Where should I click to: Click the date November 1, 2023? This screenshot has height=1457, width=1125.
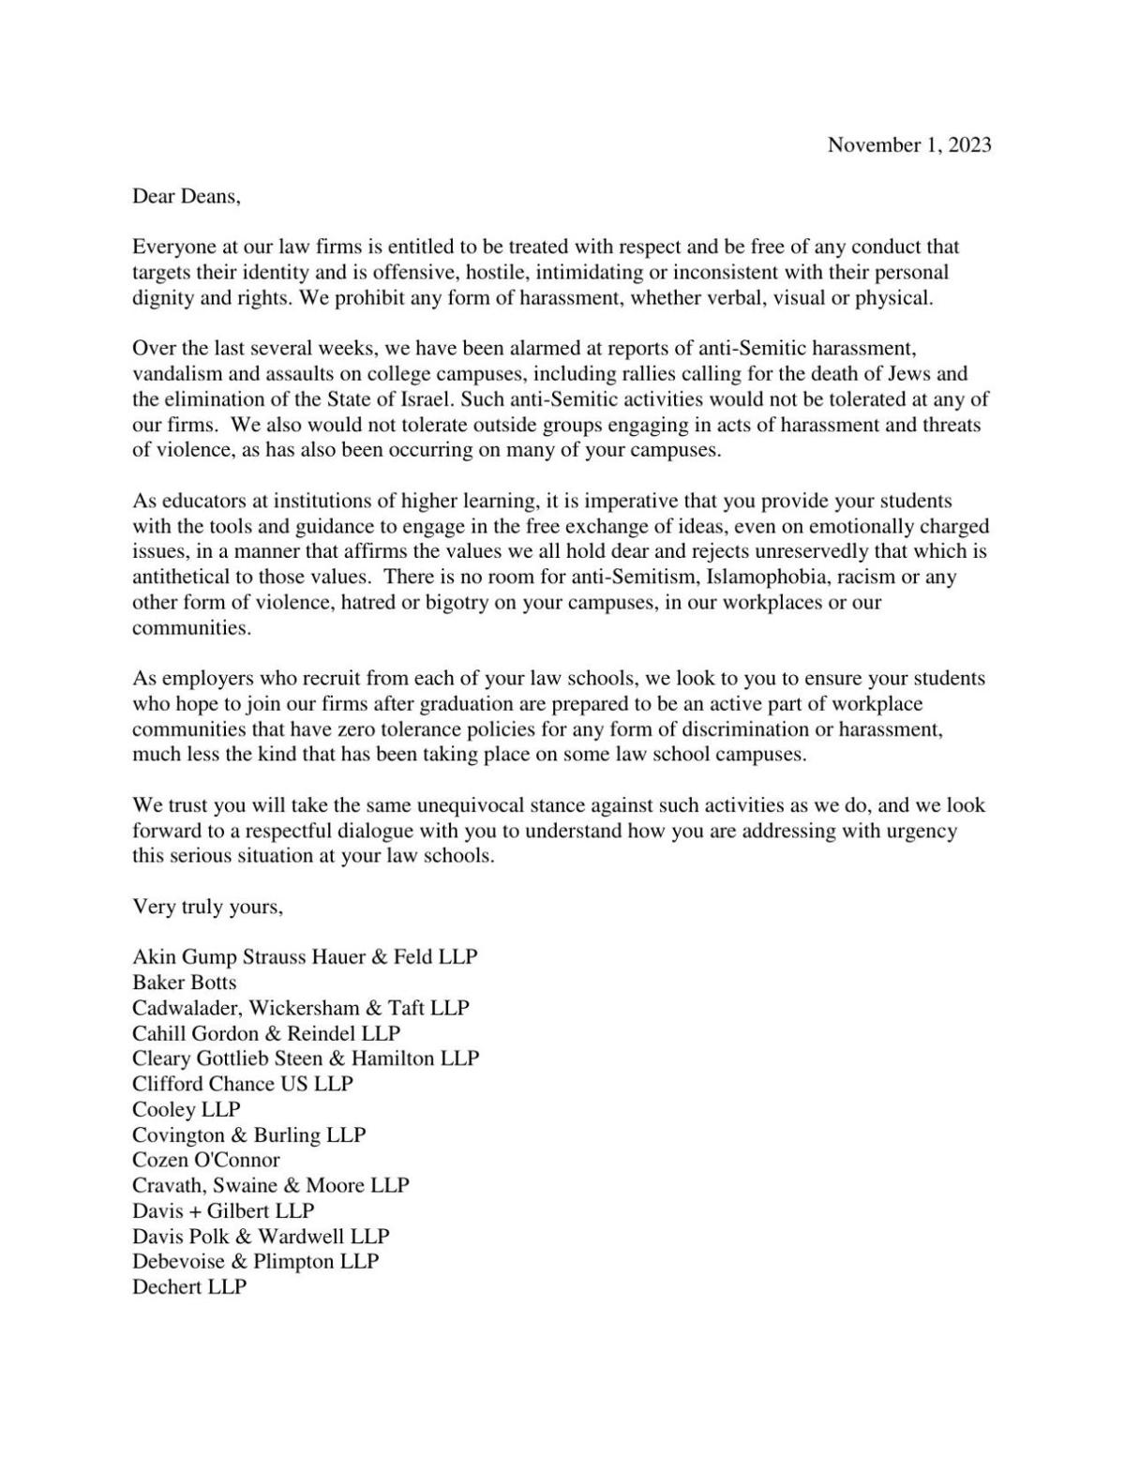tap(908, 144)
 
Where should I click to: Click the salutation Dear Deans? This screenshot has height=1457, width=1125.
tap(187, 196)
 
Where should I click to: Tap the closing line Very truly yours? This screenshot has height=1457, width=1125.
tap(207, 907)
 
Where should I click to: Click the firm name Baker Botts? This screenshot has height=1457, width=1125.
tap(185, 983)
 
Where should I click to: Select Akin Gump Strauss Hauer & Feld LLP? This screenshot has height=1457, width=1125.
tap(305, 957)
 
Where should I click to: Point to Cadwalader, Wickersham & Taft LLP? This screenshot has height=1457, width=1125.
tap(301, 1008)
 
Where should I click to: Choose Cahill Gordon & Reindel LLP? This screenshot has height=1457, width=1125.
tap(266, 1033)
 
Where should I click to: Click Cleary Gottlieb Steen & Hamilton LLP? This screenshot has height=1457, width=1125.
tap(306, 1059)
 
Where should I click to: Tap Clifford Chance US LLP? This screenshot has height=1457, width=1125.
tap(243, 1084)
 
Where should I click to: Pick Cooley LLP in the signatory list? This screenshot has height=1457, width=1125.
tap(187, 1109)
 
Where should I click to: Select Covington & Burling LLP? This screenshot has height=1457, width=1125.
tap(249, 1134)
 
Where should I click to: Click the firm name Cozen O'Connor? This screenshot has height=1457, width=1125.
tap(206, 1160)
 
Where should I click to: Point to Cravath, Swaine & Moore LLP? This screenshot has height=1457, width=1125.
tap(271, 1185)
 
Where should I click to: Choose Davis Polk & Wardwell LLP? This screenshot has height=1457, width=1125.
tap(261, 1236)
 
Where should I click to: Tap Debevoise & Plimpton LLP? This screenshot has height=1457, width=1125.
tap(256, 1261)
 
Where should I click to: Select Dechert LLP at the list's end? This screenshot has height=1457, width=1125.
tap(189, 1286)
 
